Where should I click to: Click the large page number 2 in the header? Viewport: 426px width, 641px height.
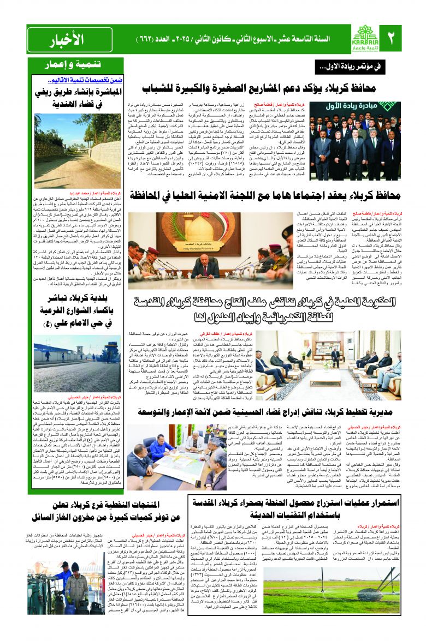tap(390, 39)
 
